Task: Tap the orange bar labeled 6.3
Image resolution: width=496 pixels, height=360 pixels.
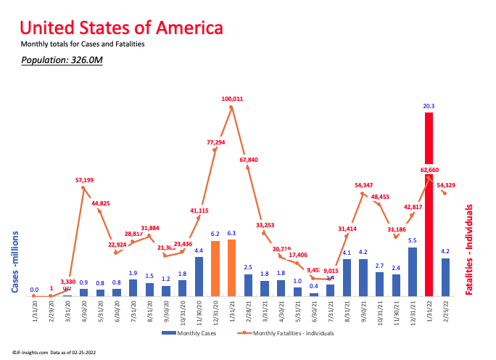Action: tap(231, 267)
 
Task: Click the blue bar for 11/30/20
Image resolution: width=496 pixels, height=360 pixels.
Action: tap(199, 277)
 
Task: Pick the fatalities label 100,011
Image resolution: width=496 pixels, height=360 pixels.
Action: tap(232, 98)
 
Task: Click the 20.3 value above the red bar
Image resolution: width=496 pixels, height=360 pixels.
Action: tap(429, 106)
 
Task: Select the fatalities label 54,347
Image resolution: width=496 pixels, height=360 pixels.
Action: tap(365, 185)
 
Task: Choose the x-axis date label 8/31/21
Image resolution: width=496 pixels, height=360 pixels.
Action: tap(348, 310)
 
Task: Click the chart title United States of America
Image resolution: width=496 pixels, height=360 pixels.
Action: tap(121, 28)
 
